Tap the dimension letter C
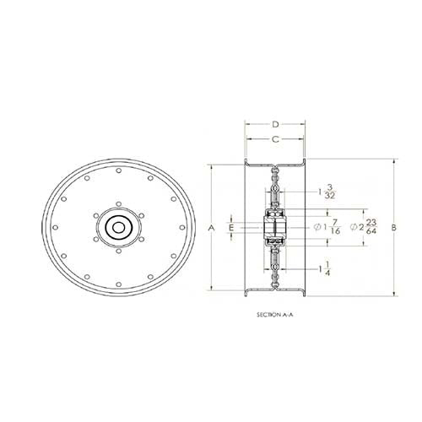(275, 138)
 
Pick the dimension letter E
(230, 228)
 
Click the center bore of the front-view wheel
(117, 227)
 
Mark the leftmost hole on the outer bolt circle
(57, 227)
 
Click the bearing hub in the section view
(275, 228)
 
